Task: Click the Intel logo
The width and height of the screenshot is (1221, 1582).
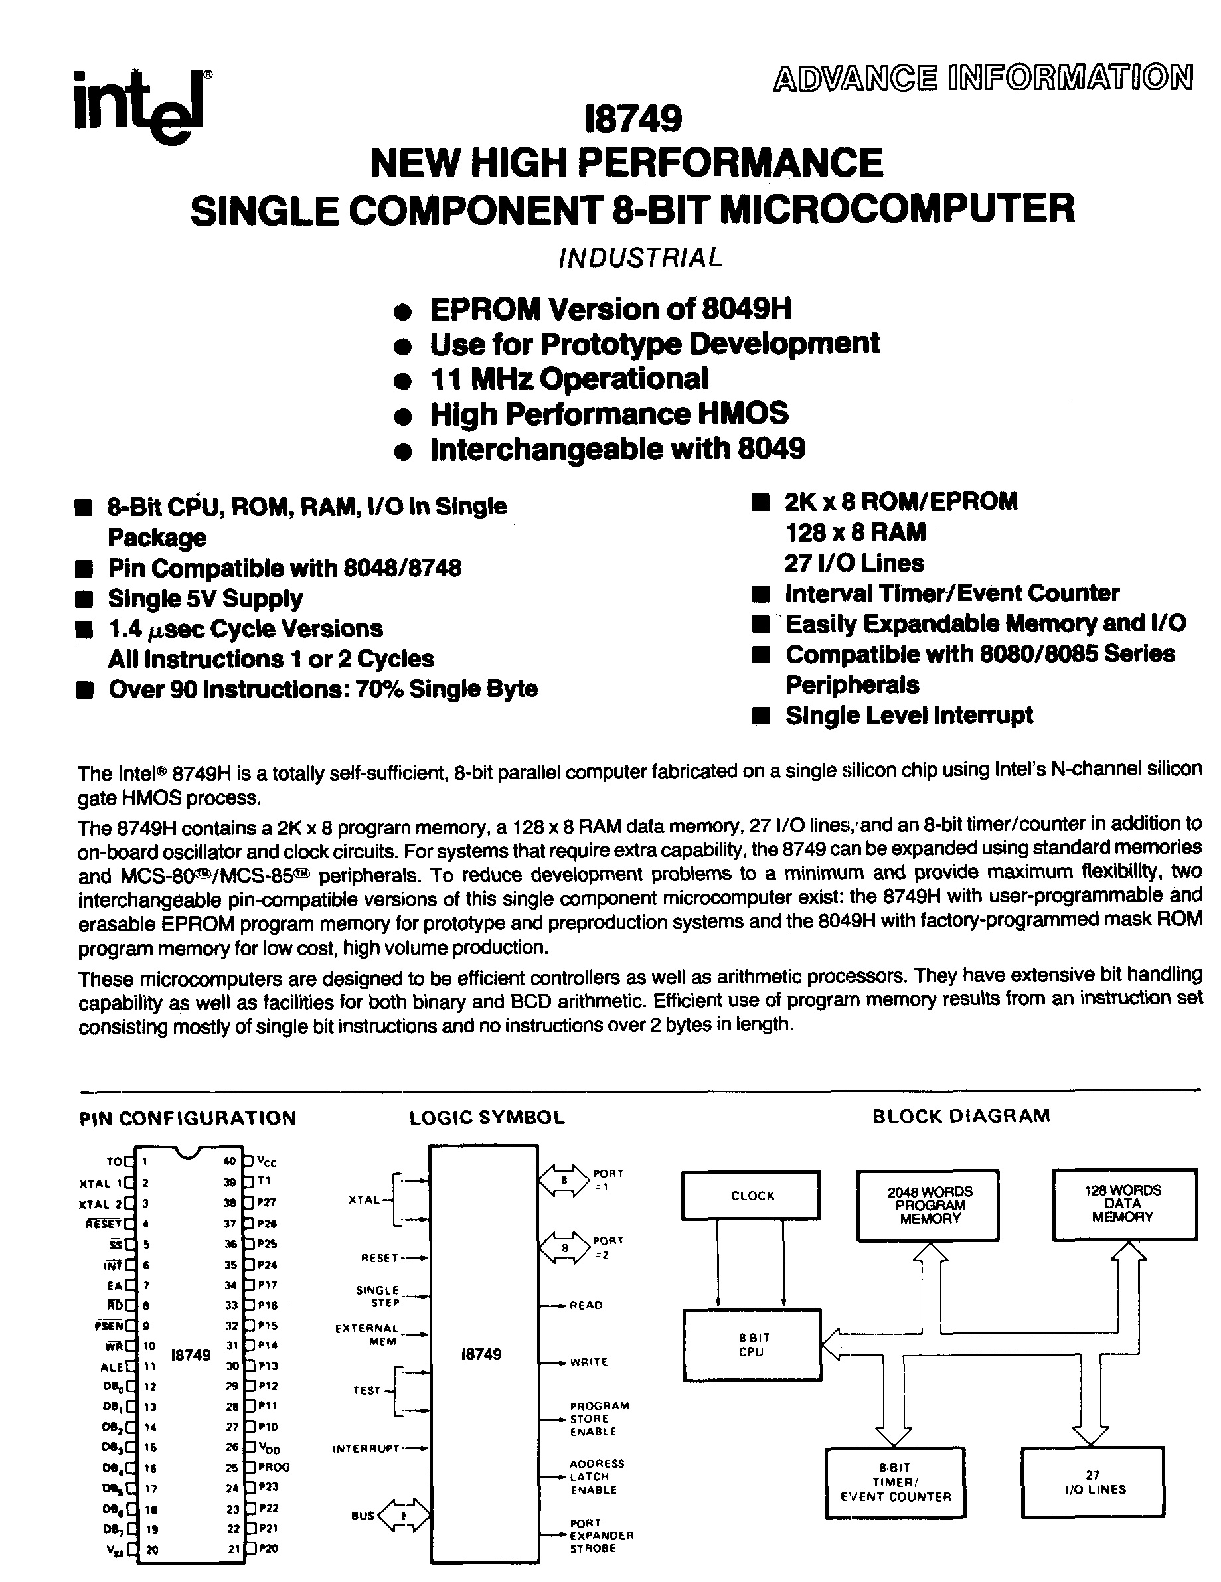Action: click(142, 107)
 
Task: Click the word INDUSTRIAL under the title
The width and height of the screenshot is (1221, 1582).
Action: click(641, 257)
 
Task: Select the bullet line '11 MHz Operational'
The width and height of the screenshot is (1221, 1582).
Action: click(569, 379)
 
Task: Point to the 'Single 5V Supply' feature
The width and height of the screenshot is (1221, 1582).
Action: click(205, 598)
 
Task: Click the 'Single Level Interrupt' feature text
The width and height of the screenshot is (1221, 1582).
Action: click(909, 715)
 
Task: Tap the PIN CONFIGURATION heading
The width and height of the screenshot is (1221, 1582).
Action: click(187, 1119)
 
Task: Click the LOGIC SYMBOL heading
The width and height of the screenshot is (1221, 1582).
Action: click(486, 1118)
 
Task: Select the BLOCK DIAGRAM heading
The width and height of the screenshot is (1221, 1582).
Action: click(961, 1115)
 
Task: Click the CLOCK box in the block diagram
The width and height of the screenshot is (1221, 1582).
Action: click(752, 1196)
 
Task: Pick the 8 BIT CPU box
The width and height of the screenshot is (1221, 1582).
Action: click(752, 1344)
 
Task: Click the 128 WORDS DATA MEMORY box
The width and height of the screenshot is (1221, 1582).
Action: click(1123, 1203)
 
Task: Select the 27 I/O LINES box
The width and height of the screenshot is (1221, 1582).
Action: click(1094, 1481)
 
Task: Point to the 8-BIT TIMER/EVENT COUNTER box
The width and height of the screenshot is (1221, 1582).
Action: click(896, 1482)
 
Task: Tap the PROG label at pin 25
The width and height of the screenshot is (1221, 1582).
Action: click(273, 1467)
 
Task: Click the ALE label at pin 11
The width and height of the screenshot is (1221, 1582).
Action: click(111, 1367)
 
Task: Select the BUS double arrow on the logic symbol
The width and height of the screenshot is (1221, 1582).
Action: click(404, 1515)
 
